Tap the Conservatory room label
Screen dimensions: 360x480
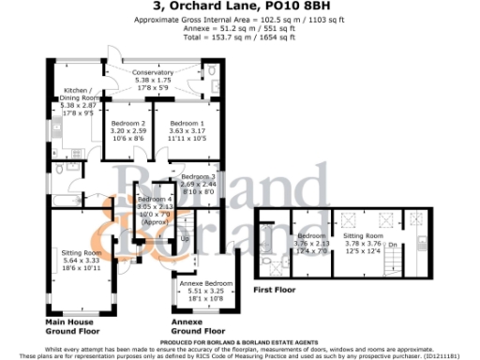tap(153, 72)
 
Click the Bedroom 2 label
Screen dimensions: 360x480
tap(128, 124)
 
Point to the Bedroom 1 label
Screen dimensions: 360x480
tap(186, 124)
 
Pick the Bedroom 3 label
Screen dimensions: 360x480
tap(198, 176)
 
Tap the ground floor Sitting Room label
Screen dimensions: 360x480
tap(79, 253)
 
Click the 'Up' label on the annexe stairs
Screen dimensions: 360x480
tap(184, 239)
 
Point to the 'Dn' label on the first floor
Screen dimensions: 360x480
tap(393, 245)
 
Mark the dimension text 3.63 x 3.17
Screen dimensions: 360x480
tap(186, 132)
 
